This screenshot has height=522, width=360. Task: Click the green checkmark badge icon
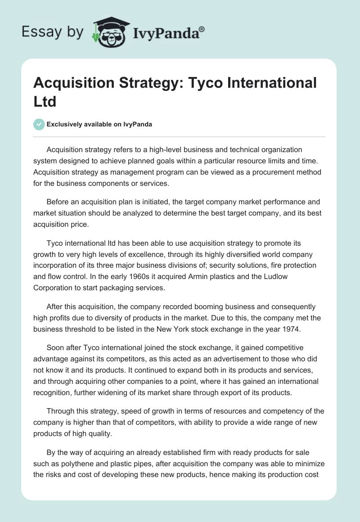point(39,124)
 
